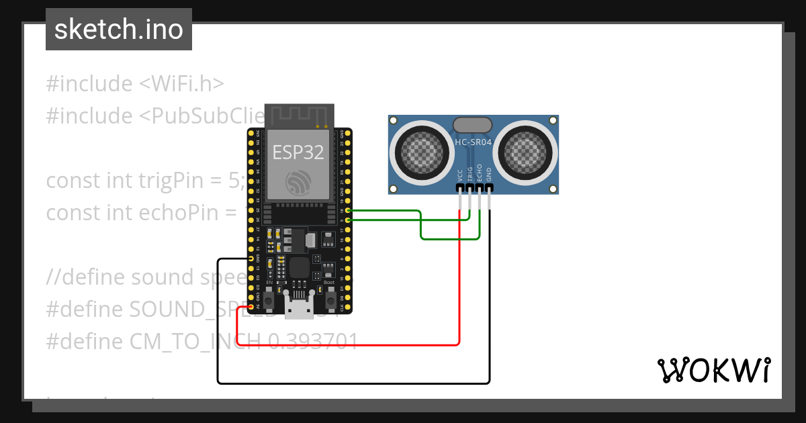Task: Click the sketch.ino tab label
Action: point(118,30)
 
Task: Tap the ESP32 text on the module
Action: point(298,152)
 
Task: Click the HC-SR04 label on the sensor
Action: point(473,142)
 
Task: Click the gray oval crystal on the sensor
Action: point(472,124)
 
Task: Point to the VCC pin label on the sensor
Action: point(460,175)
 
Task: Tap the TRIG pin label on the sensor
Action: point(470,174)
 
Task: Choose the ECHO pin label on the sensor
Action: point(480,174)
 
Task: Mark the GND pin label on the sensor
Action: point(490,175)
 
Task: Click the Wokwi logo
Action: point(713,370)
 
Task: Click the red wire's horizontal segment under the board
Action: point(349,344)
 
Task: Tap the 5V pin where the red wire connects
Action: point(251,307)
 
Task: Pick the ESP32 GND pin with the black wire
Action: point(251,258)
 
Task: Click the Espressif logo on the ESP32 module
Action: point(298,182)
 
